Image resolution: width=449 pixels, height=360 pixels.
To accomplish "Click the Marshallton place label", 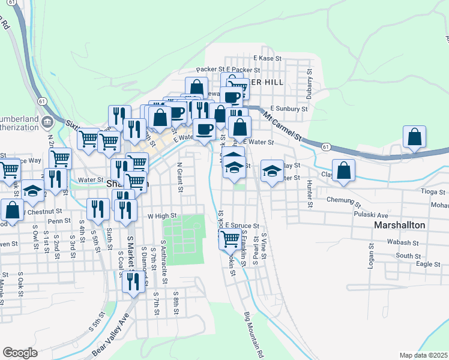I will pos(399,225).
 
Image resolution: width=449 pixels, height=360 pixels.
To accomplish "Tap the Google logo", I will pos(20,353).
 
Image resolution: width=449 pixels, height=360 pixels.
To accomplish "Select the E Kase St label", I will pos(267,58).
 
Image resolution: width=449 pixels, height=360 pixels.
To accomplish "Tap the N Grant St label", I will pos(179,176).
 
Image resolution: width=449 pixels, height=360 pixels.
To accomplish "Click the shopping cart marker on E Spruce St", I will pos(230,238).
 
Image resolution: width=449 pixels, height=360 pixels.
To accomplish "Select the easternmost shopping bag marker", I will pos(414,137).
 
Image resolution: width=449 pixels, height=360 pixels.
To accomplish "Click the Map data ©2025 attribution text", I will pos(423,355).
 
